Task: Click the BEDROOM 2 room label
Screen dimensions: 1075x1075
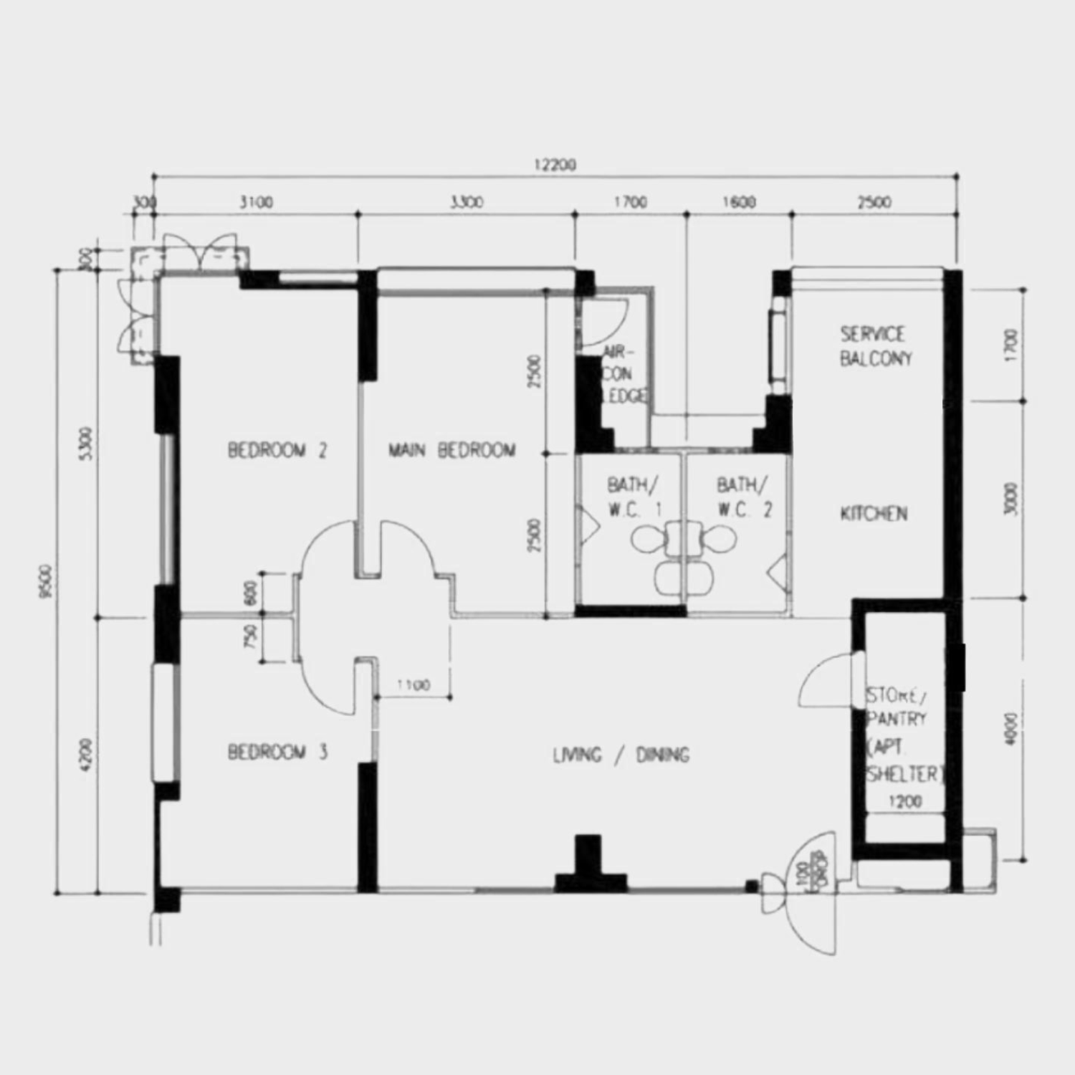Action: point(277,451)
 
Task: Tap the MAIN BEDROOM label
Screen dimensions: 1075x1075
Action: point(451,450)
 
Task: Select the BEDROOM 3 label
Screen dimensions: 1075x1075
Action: point(277,752)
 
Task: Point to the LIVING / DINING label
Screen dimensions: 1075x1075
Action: point(621,755)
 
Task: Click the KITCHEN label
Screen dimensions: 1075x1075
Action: point(874,513)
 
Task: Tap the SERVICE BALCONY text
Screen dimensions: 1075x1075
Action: point(875,346)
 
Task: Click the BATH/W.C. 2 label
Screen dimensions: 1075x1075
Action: point(744,497)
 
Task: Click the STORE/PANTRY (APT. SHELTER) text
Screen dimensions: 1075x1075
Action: point(902,735)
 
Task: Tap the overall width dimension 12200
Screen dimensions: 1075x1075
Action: point(555,166)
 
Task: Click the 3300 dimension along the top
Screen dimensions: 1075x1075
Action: point(467,203)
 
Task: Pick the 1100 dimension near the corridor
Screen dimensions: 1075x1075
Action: point(414,686)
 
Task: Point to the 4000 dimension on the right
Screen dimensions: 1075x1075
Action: point(1011,729)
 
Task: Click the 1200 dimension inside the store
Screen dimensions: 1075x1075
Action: point(904,802)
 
